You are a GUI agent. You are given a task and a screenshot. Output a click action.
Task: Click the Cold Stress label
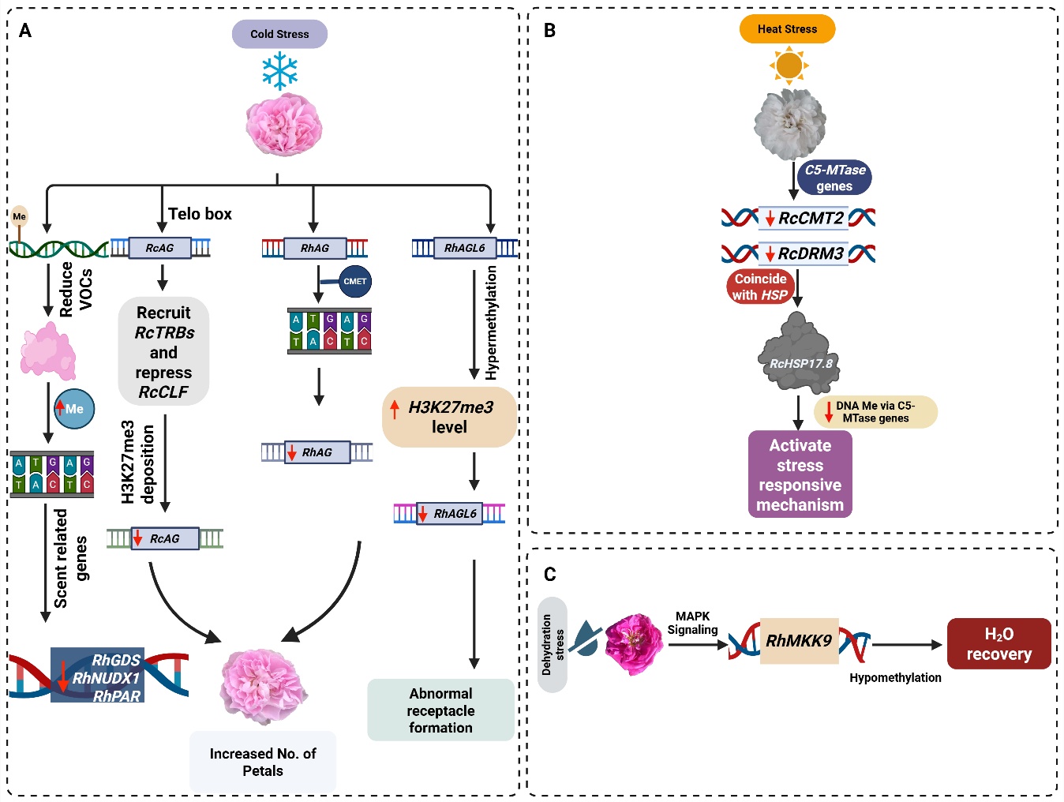[279, 34]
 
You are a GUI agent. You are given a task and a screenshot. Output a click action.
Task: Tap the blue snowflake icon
[279, 71]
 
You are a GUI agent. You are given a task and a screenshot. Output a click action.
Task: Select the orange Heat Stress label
[787, 29]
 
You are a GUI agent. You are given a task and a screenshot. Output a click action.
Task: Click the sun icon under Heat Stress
[789, 65]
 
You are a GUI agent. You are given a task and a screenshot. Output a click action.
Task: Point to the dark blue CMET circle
[354, 282]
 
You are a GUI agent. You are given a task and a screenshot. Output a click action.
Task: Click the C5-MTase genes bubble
[834, 178]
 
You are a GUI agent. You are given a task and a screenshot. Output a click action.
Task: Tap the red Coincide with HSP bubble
[759, 287]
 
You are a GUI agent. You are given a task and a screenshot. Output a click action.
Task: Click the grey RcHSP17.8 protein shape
[799, 354]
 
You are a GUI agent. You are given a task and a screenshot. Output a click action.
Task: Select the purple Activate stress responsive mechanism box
[800, 474]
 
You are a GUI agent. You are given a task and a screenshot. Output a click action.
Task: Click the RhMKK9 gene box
[799, 641]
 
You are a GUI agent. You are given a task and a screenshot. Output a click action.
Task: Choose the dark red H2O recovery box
[998, 644]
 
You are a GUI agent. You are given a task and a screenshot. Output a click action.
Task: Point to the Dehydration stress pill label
[552, 644]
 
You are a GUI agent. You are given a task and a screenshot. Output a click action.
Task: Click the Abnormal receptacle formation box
[440, 710]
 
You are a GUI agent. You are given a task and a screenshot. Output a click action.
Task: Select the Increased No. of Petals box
[262, 762]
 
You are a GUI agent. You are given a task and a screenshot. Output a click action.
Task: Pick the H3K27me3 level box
[449, 417]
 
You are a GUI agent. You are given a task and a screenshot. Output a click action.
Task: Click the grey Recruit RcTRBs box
[163, 352]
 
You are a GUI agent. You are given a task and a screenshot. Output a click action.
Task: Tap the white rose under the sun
[790, 124]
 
